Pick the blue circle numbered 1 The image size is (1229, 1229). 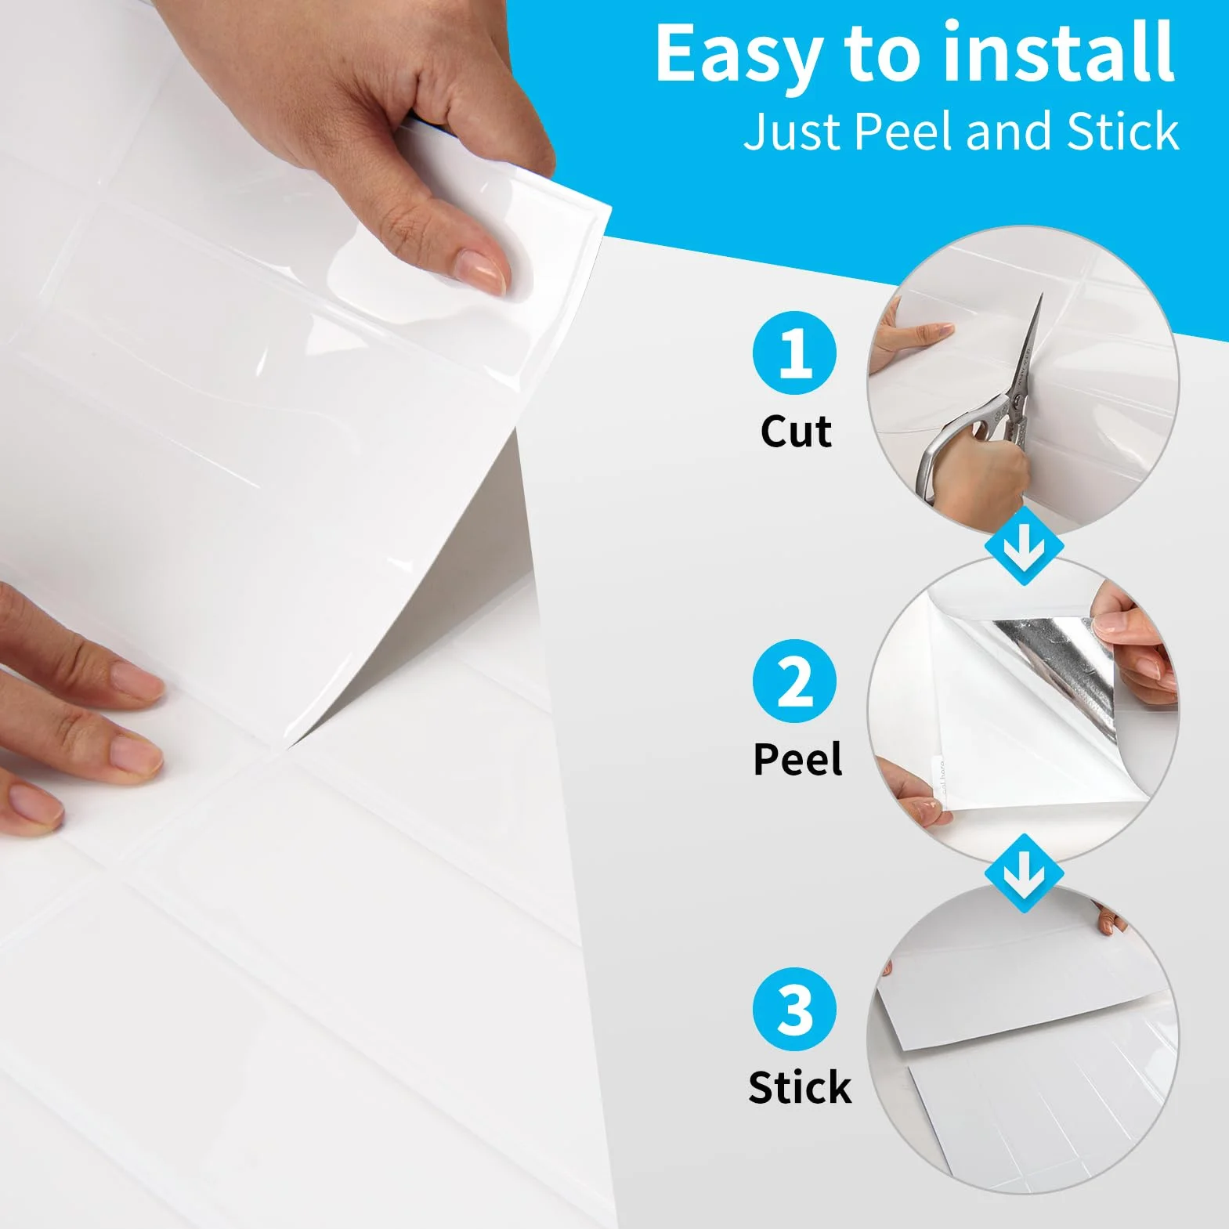pyautogui.click(x=794, y=352)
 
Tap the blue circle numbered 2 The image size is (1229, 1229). pyautogui.click(x=794, y=681)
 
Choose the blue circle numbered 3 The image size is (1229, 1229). pyautogui.click(x=794, y=1009)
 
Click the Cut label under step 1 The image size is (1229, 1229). pyautogui.click(x=796, y=431)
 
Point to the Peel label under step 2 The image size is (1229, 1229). pyautogui.click(x=797, y=758)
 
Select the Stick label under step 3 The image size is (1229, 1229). pyautogui.click(x=799, y=1087)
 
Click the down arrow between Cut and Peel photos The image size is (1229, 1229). pyautogui.click(x=1024, y=545)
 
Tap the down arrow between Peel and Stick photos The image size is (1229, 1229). pyautogui.click(x=1024, y=873)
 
